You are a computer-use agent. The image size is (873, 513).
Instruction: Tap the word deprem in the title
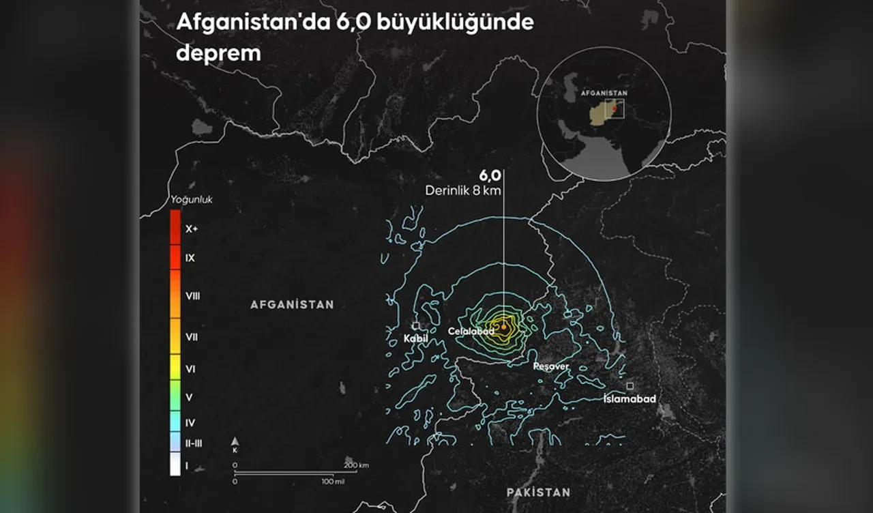(218, 53)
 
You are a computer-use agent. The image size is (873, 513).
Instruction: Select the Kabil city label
(415, 338)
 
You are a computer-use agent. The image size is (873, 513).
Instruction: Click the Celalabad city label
(471, 332)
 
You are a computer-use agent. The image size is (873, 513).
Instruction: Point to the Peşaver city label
(551, 366)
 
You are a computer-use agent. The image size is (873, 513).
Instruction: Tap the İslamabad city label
(630, 398)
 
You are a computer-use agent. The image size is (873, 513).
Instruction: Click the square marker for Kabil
(416, 326)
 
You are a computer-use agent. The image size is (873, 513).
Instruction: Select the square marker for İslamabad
(630, 385)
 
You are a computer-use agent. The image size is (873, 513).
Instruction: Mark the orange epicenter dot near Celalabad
(503, 327)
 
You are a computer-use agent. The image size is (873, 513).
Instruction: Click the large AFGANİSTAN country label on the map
(292, 304)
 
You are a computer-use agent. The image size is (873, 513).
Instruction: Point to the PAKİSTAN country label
(538, 492)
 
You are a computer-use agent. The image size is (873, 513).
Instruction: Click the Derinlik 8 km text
(463, 191)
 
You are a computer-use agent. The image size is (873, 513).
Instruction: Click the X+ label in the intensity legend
(192, 229)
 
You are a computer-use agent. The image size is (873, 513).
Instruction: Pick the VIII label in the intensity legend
(193, 296)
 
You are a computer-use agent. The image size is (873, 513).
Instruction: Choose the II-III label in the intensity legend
(194, 443)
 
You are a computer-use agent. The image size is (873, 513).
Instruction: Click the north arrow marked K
(235, 444)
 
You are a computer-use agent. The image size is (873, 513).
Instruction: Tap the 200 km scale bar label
(355, 465)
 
